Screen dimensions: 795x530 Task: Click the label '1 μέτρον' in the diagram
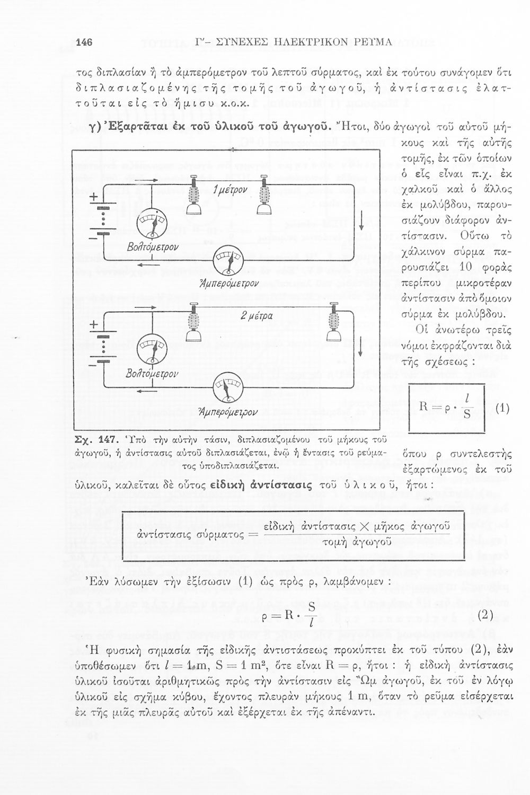[x=228, y=190]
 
